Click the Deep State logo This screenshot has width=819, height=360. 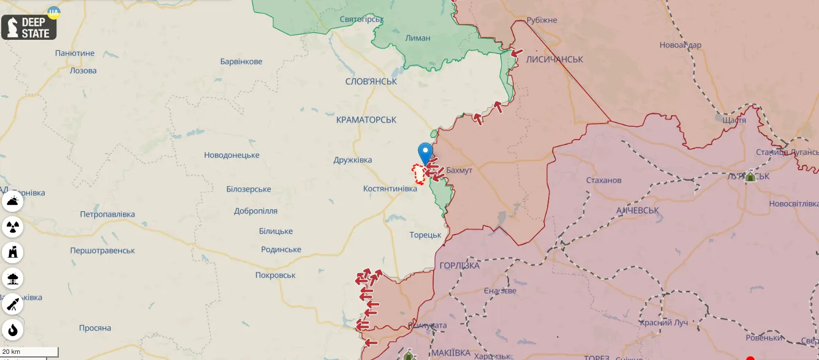29,27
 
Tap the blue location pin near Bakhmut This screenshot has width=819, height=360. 425,152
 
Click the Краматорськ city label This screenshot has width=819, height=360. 366,120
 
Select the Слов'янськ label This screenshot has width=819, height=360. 371,81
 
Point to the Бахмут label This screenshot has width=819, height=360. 459,170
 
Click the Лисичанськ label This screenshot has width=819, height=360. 554,59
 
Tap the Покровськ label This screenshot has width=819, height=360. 275,276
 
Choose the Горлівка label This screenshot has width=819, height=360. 459,266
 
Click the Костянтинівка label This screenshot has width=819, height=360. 390,189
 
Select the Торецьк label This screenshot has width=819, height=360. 425,235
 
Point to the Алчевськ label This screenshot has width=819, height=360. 637,210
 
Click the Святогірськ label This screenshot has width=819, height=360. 361,19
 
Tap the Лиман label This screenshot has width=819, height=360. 418,38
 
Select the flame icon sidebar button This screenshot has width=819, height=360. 13,330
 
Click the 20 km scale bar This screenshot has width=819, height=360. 29,352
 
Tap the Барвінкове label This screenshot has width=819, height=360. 241,61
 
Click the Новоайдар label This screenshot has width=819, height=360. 680,45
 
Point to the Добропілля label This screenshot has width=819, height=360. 255,211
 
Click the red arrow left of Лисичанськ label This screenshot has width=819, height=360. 517,53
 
